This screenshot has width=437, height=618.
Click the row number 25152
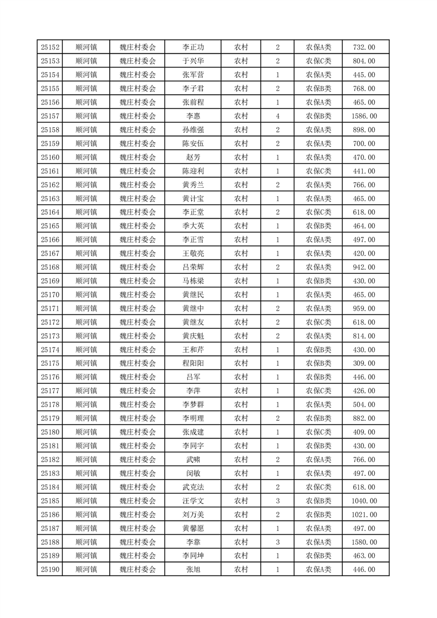[x=50, y=47]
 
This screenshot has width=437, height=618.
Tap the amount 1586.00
[x=364, y=116]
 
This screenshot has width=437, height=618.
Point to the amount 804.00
[x=364, y=61]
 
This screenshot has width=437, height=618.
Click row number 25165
[x=50, y=226]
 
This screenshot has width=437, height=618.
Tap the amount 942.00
[x=364, y=267]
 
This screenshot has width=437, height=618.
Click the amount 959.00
[x=364, y=308]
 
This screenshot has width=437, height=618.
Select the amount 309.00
[x=364, y=364]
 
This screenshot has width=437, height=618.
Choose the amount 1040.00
[x=364, y=501]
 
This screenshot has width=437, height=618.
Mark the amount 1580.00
[x=364, y=542]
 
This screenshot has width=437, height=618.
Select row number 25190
[x=50, y=570]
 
